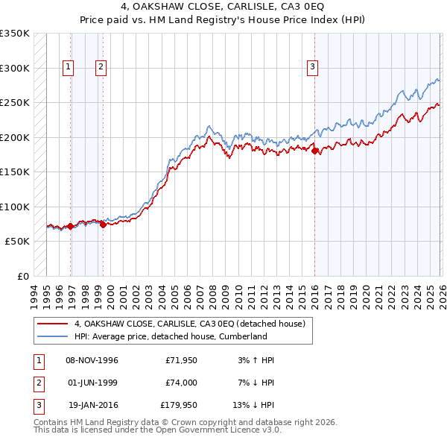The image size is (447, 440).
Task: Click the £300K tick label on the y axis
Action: [15, 68]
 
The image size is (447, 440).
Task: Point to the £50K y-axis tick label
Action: [18, 242]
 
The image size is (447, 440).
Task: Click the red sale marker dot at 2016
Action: [314, 151]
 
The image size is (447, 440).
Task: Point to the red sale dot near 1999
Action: [103, 224]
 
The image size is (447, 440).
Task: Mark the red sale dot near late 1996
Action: [70, 226]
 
